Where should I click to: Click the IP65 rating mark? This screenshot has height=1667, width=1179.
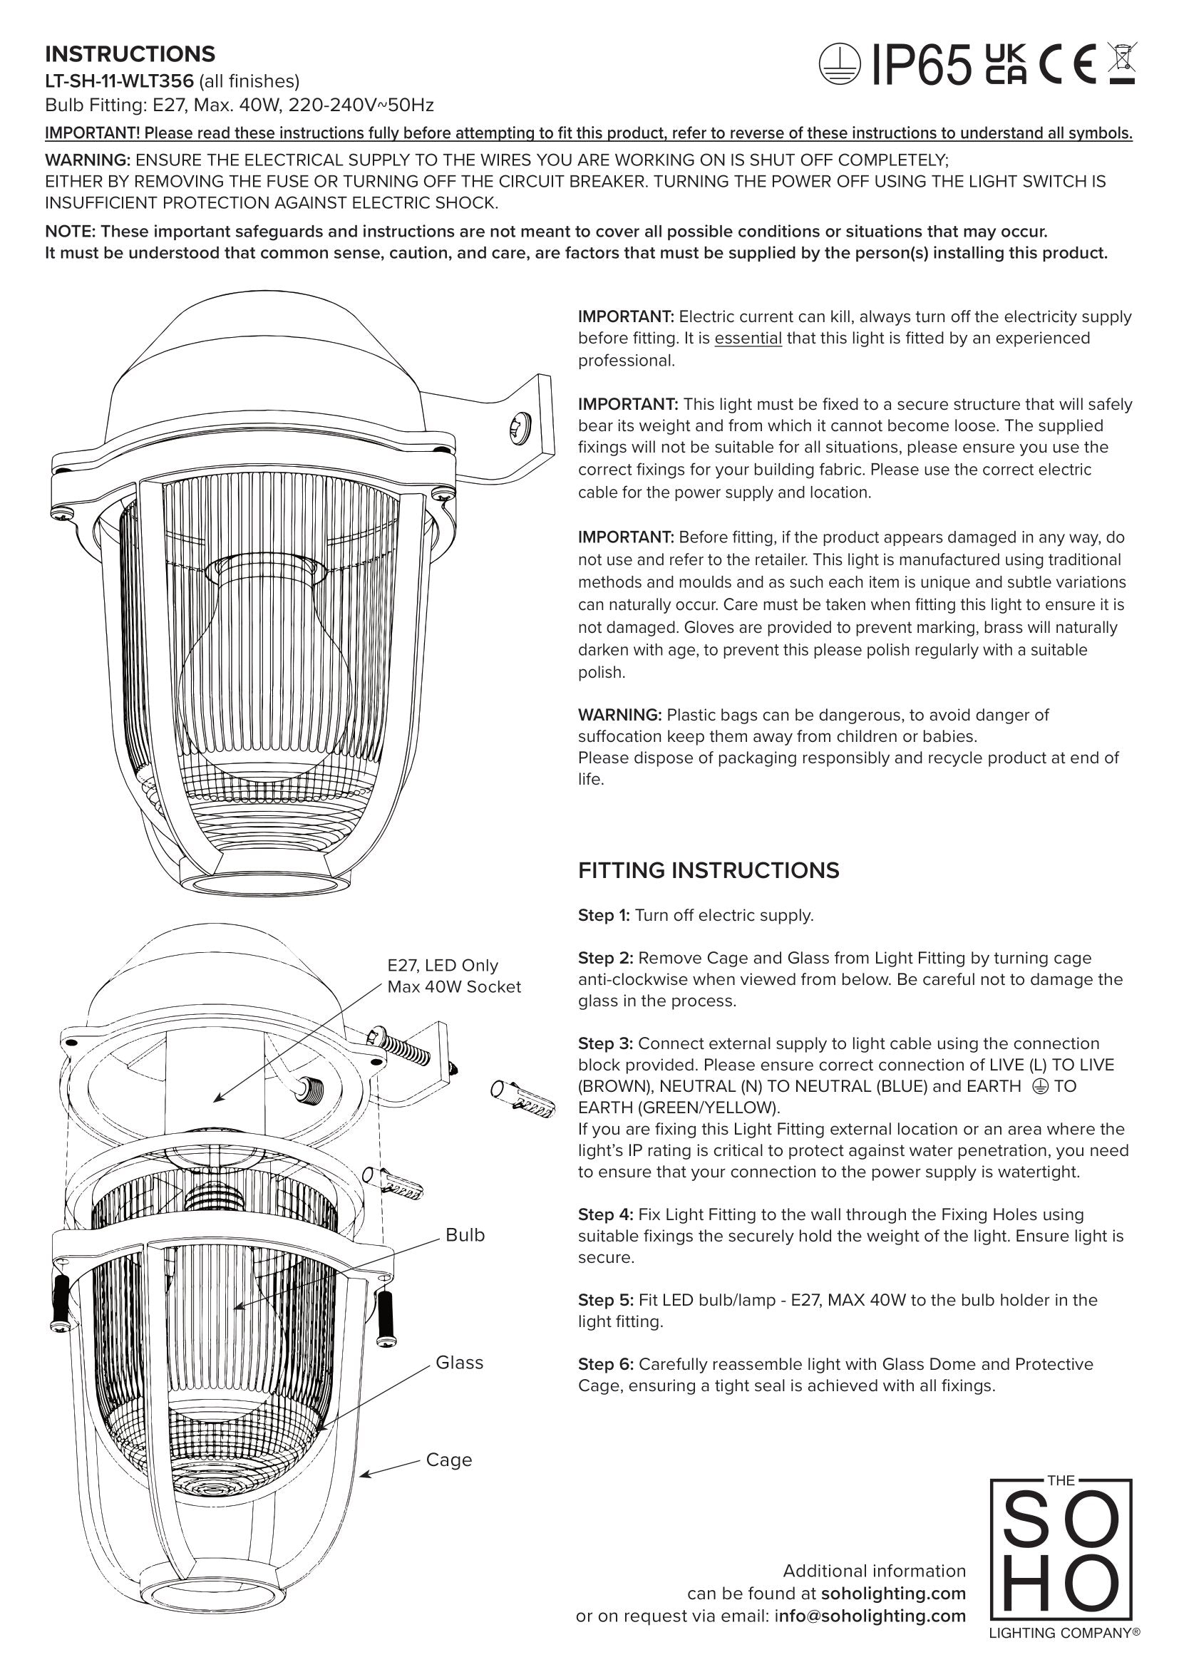click(920, 65)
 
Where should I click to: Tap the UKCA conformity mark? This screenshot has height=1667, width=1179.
click(1006, 65)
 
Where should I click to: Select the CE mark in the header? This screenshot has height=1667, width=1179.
click(1067, 65)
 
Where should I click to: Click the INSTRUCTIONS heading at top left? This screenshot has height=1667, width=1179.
click(130, 54)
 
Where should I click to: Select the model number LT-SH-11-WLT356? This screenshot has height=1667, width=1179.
click(119, 81)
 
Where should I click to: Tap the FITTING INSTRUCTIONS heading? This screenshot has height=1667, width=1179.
click(708, 870)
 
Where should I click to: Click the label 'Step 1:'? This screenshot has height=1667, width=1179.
click(604, 916)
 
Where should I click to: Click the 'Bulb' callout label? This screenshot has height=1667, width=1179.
click(465, 1235)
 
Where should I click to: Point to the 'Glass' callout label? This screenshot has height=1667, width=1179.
click(459, 1363)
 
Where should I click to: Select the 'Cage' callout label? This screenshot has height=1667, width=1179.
click(448, 1460)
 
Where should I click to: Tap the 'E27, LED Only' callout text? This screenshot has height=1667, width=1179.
click(443, 966)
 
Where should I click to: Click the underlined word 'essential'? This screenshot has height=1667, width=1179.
click(748, 339)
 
